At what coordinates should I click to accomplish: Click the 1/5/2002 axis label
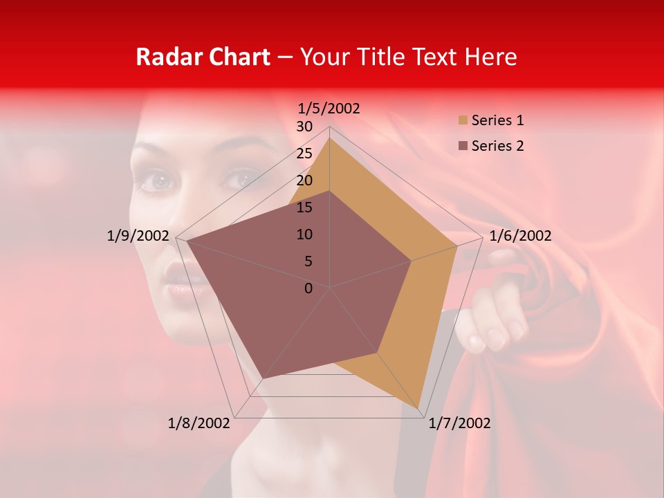point(329,108)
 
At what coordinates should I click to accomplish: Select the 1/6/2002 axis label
point(520,236)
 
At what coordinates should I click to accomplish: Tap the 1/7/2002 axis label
point(459,423)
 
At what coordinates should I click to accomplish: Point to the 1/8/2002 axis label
point(199,423)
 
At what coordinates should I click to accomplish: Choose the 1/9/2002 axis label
point(138,236)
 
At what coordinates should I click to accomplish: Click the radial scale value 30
point(304,127)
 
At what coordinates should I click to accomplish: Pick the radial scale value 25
point(304,154)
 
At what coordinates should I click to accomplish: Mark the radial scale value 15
point(304,207)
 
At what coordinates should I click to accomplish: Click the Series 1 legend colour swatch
point(463,120)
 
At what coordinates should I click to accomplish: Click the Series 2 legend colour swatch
point(463,146)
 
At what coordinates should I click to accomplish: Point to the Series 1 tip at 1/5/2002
point(330,138)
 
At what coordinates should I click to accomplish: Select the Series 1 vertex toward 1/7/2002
point(419,408)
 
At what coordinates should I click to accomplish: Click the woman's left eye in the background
point(158,183)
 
